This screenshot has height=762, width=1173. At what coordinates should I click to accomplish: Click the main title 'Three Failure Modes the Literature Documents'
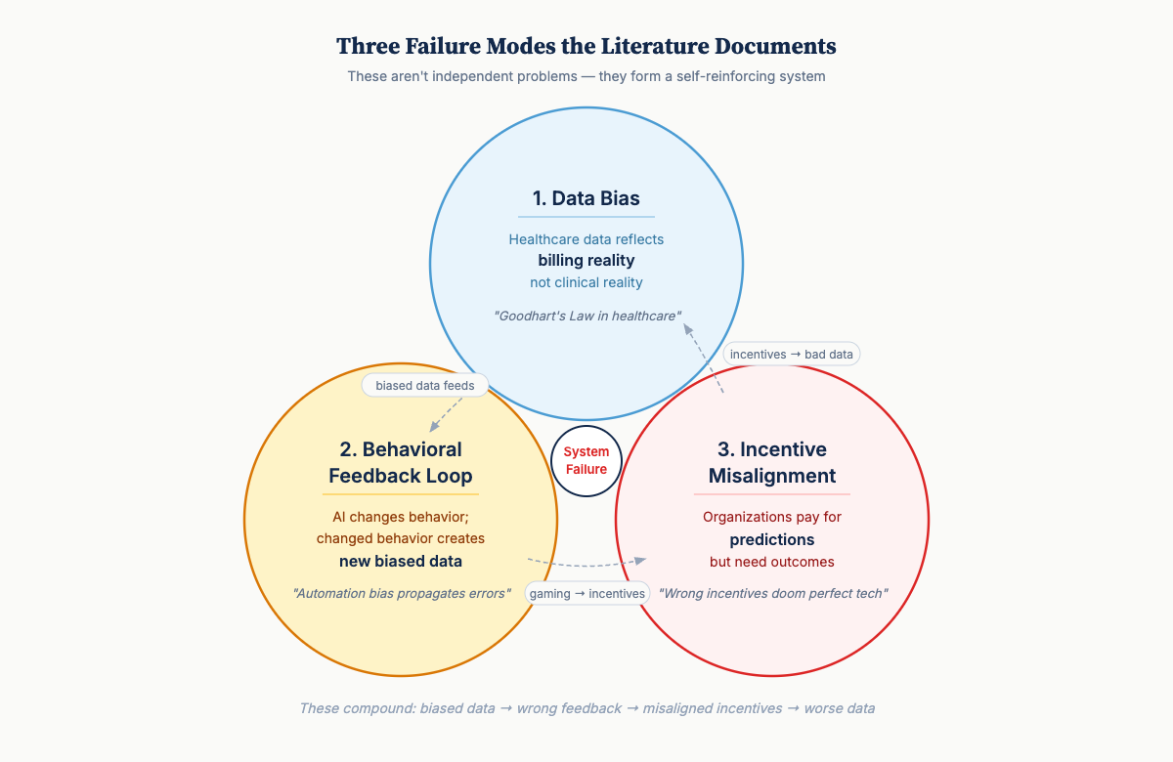(x=586, y=46)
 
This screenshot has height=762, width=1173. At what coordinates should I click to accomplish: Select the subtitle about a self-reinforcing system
(x=586, y=76)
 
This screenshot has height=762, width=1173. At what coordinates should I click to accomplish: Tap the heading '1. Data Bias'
(x=586, y=198)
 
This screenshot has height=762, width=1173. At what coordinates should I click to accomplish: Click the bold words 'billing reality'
(x=586, y=261)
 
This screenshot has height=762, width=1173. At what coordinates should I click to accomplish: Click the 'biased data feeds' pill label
(x=425, y=385)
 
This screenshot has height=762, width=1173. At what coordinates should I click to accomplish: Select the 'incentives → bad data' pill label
(x=792, y=354)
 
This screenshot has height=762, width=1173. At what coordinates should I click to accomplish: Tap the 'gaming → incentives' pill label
(x=587, y=593)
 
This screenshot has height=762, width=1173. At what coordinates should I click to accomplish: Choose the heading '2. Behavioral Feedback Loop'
(x=401, y=463)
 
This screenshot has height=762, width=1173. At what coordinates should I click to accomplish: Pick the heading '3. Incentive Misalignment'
(x=772, y=463)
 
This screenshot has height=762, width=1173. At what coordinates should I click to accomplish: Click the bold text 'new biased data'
(x=401, y=561)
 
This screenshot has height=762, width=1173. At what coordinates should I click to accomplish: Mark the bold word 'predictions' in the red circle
(x=772, y=539)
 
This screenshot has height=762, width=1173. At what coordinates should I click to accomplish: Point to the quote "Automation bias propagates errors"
(x=401, y=593)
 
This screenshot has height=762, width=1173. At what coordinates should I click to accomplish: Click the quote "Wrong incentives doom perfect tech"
(x=772, y=593)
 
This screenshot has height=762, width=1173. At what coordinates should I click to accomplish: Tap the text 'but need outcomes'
(x=772, y=562)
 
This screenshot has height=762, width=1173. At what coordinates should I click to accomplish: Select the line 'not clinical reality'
(x=586, y=282)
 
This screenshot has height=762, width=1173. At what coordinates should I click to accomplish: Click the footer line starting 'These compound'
(x=586, y=708)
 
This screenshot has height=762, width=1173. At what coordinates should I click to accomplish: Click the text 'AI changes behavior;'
(x=401, y=517)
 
